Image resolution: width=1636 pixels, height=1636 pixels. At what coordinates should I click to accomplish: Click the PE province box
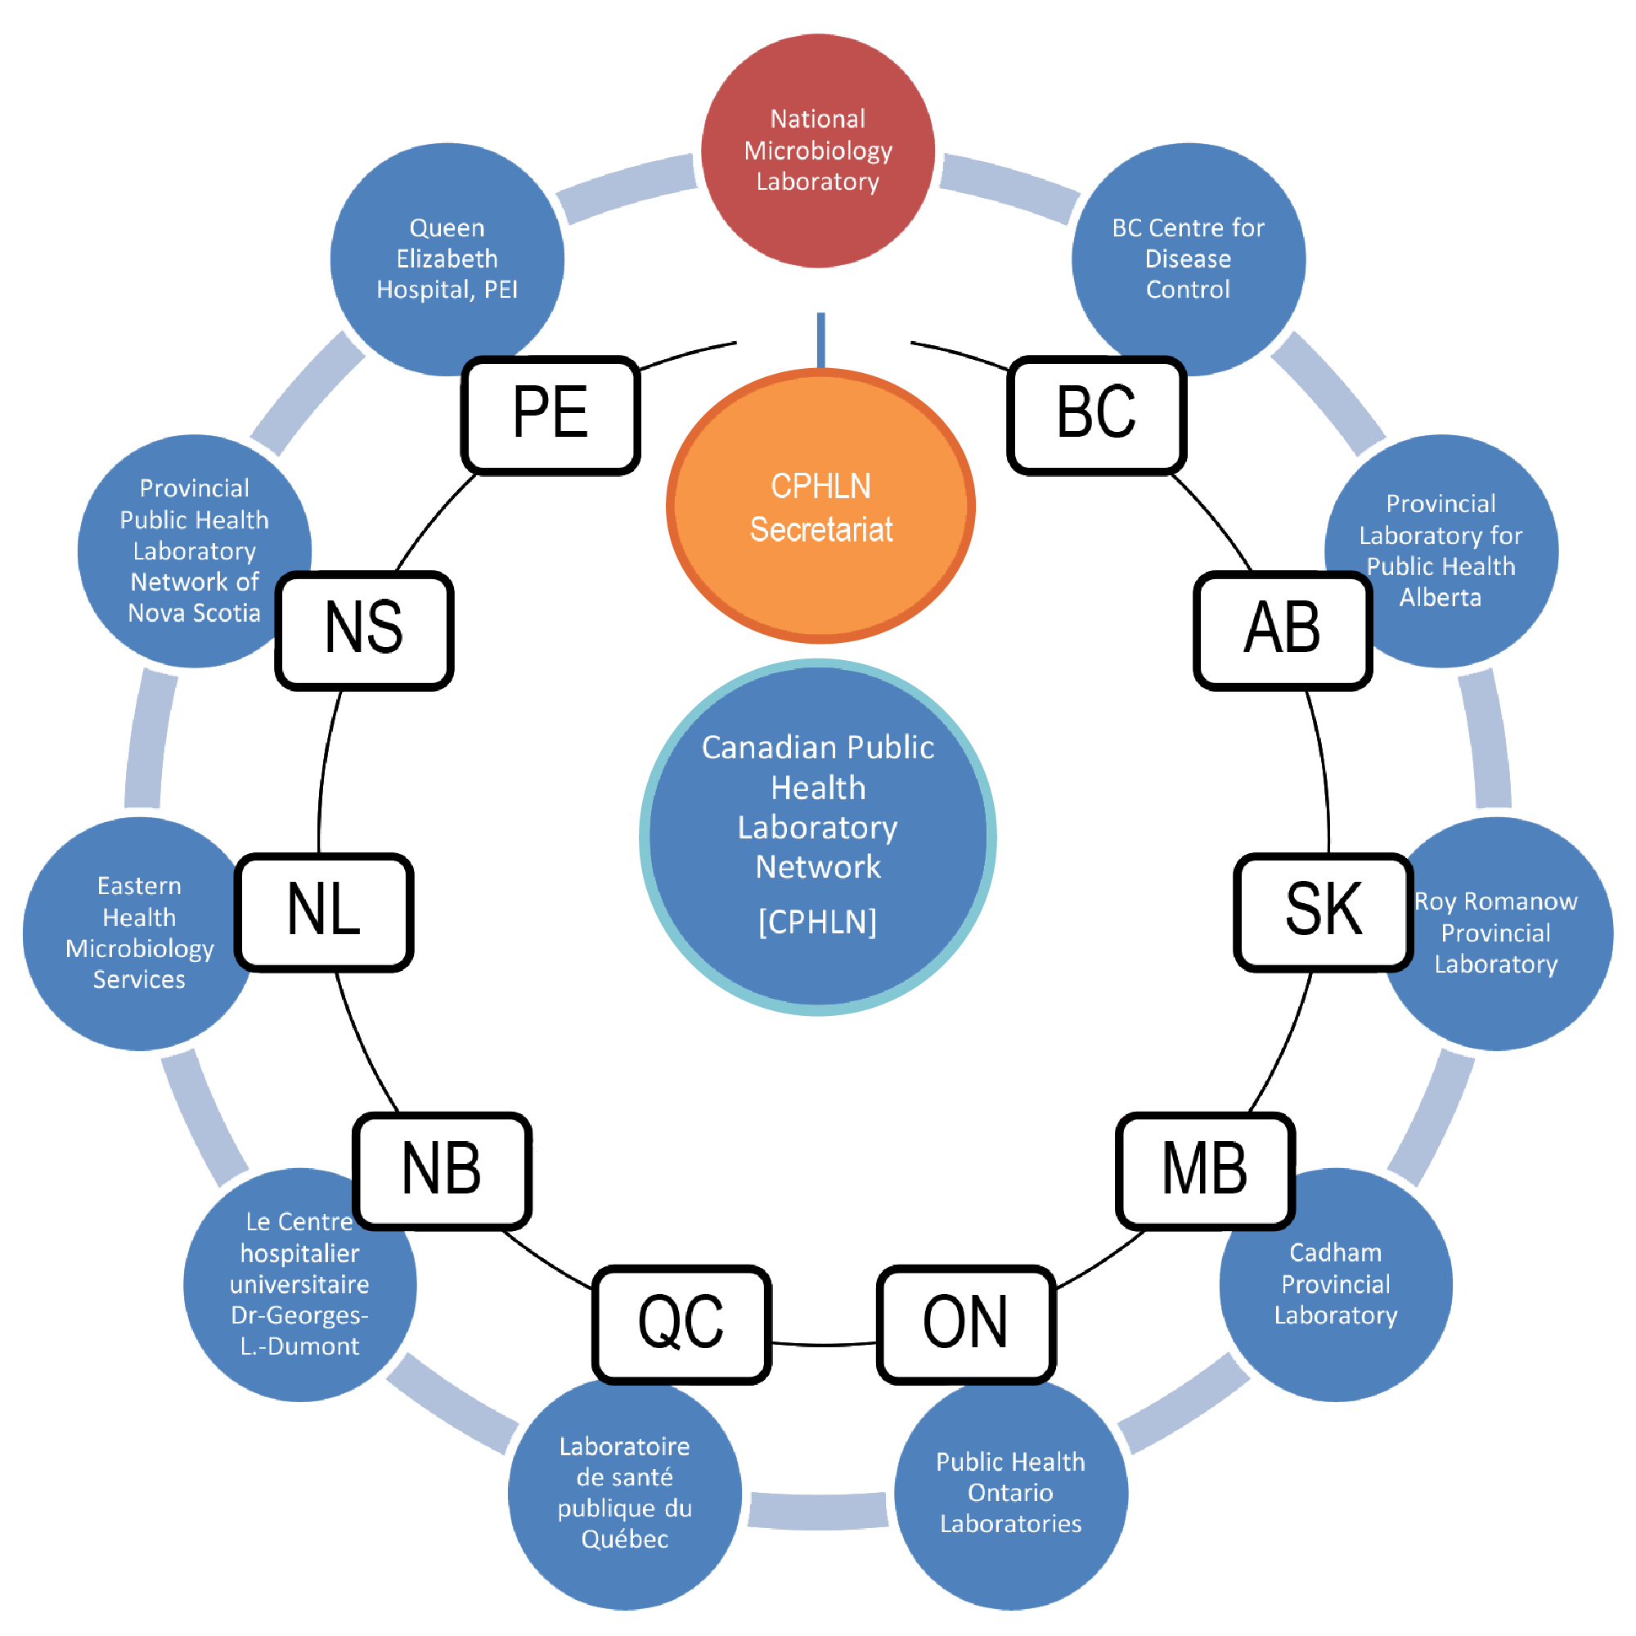click(x=551, y=414)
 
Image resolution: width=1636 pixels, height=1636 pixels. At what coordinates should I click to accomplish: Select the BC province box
click(x=1096, y=414)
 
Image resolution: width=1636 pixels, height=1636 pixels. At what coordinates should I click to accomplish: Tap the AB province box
click(x=1282, y=630)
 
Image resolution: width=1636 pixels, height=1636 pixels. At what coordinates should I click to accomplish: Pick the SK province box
click(x=1323, y=911)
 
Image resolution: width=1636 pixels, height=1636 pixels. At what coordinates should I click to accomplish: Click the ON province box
click(x=965, y=1324)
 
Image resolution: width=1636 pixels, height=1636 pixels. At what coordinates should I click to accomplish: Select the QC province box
click(x=681, y=1324)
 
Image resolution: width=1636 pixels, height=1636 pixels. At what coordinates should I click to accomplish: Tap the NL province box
click(x=323, y=911)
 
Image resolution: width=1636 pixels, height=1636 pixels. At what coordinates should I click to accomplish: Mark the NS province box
click(x=364, y=630)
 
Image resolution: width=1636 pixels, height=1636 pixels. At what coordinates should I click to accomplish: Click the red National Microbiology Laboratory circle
click(x=818, y=151)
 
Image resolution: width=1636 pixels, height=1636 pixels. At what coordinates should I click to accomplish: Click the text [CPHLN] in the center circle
click(x=817, y=922)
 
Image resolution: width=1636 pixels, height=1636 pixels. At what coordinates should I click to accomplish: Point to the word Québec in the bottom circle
click(x=624, y=1539)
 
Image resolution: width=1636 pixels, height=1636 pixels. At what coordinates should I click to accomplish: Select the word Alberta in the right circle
click(x=1440, y=598)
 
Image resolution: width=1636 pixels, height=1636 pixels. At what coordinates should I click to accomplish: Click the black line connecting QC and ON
click(x=823, y=1344)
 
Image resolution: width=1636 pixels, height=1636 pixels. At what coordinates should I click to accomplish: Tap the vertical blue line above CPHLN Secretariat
click(x=820, y=339)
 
